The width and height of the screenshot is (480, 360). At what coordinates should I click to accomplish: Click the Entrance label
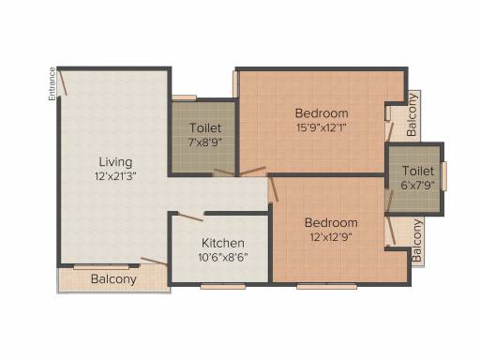52,83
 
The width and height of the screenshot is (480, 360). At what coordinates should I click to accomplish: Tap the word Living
115,162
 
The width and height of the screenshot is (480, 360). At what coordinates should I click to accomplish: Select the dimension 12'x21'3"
115,176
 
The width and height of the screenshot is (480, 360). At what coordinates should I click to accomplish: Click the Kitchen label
223,243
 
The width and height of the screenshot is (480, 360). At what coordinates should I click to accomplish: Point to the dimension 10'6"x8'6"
223,257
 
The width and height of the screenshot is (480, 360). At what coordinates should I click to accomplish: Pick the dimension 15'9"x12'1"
322,127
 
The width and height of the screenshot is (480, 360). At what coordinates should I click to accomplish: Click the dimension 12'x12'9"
331,237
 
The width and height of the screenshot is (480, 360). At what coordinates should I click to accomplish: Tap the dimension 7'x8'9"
205,142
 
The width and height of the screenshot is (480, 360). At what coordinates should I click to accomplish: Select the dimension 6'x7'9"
418,186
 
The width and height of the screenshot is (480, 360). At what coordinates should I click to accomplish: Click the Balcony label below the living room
113,279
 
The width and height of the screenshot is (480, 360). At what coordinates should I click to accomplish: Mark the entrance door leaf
63,82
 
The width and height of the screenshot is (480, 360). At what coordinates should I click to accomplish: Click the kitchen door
189,217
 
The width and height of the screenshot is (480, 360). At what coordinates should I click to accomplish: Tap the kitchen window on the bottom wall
223,286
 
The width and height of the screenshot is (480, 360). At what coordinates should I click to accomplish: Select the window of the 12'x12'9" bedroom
326,286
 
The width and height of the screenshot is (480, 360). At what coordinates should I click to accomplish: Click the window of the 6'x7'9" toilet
443,176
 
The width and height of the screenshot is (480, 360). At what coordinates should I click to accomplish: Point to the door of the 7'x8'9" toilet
224,172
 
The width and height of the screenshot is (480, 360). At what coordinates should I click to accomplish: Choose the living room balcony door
154,262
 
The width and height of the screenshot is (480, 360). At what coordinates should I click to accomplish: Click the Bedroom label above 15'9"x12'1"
322,112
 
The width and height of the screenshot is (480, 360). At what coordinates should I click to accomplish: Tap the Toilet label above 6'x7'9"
418,171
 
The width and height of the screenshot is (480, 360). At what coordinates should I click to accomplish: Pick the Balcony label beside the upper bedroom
412,114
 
